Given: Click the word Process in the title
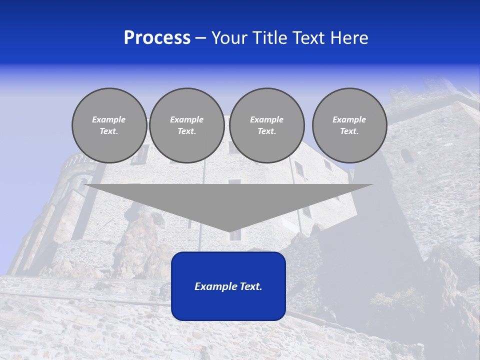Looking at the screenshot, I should [157, 38].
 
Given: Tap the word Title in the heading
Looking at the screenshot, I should [270, 38].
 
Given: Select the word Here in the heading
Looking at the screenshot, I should [349, 38].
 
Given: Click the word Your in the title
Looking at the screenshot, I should [229, 38].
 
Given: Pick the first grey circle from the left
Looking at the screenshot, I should [109, 125].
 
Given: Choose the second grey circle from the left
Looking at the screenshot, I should [187, 125].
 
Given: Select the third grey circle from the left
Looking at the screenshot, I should [267, 125].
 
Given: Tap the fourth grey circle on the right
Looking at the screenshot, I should [349, 125].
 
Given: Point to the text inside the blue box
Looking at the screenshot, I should [228, 286].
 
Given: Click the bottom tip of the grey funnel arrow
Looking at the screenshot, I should [229, 230].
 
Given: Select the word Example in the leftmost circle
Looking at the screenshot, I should [109, 120].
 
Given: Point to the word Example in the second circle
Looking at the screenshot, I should [187, 120].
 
